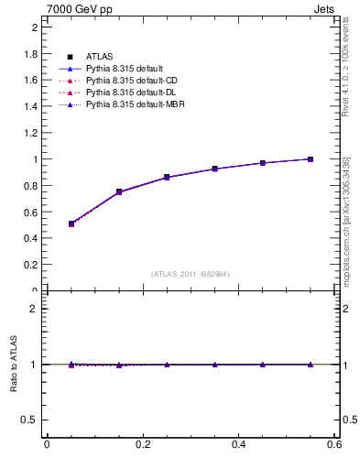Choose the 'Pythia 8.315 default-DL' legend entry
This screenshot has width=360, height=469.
(x=129, y=93)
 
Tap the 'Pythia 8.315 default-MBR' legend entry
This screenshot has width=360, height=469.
(x=132, y=105)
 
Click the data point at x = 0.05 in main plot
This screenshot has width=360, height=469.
(x=71, y=224)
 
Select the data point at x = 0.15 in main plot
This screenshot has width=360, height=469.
(x=119, y=191)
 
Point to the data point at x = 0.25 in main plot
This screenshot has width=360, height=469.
(x=167, y=177)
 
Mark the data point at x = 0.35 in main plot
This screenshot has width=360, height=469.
(x=214, y=169)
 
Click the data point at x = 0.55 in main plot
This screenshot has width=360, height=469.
(x=311, y=159)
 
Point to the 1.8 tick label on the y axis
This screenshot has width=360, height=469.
(x=30, y=54)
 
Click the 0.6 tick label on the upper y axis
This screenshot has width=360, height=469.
(x=30, y=212)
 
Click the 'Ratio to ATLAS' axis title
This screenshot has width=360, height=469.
(x=15, y=365)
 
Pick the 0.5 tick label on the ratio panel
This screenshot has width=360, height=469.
(x=30, y=420)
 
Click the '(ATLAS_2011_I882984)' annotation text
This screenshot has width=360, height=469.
(x=191, y=274)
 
